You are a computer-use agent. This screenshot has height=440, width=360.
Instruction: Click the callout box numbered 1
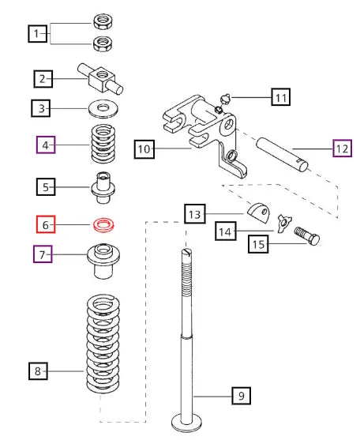click(38, 34)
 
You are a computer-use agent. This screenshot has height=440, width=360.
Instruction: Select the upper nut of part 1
click(103, 21)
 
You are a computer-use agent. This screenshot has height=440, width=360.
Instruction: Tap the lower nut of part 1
click(103, 43)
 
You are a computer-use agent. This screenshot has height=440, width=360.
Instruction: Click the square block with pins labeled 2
click(100, 79)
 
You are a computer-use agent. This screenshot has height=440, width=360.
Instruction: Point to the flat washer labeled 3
click(103, 108)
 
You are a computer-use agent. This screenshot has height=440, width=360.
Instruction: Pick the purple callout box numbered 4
click(46, 145)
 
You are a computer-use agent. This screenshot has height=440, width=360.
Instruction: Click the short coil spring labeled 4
click(103, 145)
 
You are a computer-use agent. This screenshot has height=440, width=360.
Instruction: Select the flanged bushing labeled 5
click(103, 187)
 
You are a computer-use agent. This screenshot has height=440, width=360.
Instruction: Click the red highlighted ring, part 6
click(103, 225)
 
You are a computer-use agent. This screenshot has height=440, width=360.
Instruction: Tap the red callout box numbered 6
click(46, 224)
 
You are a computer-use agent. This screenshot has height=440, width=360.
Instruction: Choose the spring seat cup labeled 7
click(103, 261)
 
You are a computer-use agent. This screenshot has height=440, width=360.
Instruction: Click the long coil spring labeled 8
click(103, 343)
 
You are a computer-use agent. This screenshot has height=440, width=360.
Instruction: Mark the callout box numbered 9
click(241, 396)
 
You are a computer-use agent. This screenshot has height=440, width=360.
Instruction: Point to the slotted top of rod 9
click(187, 254)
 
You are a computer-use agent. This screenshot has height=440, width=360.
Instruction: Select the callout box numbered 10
click(144, 149)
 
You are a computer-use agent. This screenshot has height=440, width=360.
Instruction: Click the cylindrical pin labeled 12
click(282, 154)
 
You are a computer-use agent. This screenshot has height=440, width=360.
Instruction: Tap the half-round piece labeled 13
click(259, 213)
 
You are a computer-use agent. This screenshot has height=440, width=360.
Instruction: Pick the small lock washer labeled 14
click(284, 224)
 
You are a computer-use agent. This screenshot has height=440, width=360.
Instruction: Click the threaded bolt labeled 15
click(307, 236)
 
